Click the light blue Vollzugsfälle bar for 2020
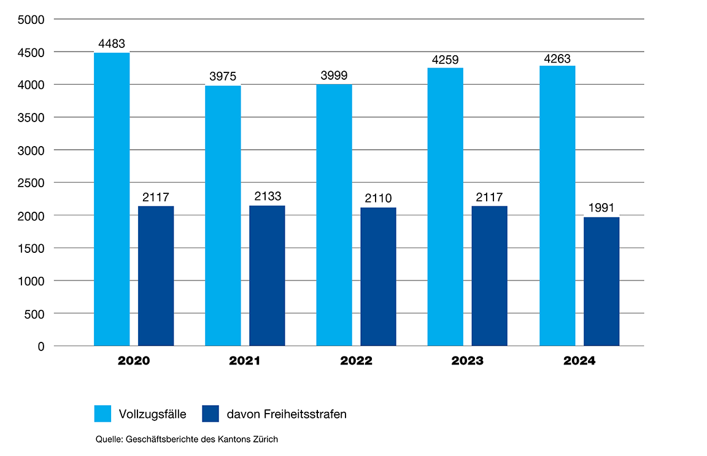[x=112, y=199]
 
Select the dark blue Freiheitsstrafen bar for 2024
[x=601, y=281]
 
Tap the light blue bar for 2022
[x=334, y=215]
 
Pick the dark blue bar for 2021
[x=267, y=276]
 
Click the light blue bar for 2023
[x=446, y=207]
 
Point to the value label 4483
[x=112, y=44]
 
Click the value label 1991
[x=601, y=208]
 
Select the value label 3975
[x=223, y=77]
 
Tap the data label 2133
[x=267, y=196]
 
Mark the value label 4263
[x=557, y=60]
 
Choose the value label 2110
[x=378, y=198]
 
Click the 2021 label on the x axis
[x=245, y=361]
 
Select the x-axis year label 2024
[x=579, y=361]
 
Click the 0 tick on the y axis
[x=41, y=347]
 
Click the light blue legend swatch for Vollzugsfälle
[x=102, y=414]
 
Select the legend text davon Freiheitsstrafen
[x=287, y=414]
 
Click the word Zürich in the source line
[x=266, y=439]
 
